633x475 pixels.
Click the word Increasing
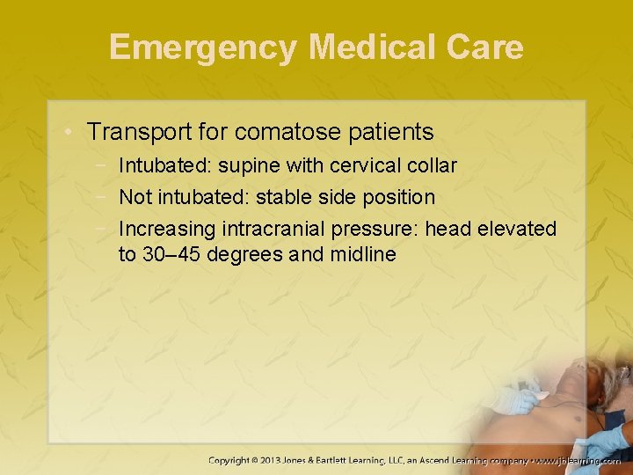[x=167, y=229]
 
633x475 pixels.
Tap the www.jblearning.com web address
[x=579, y=460]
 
